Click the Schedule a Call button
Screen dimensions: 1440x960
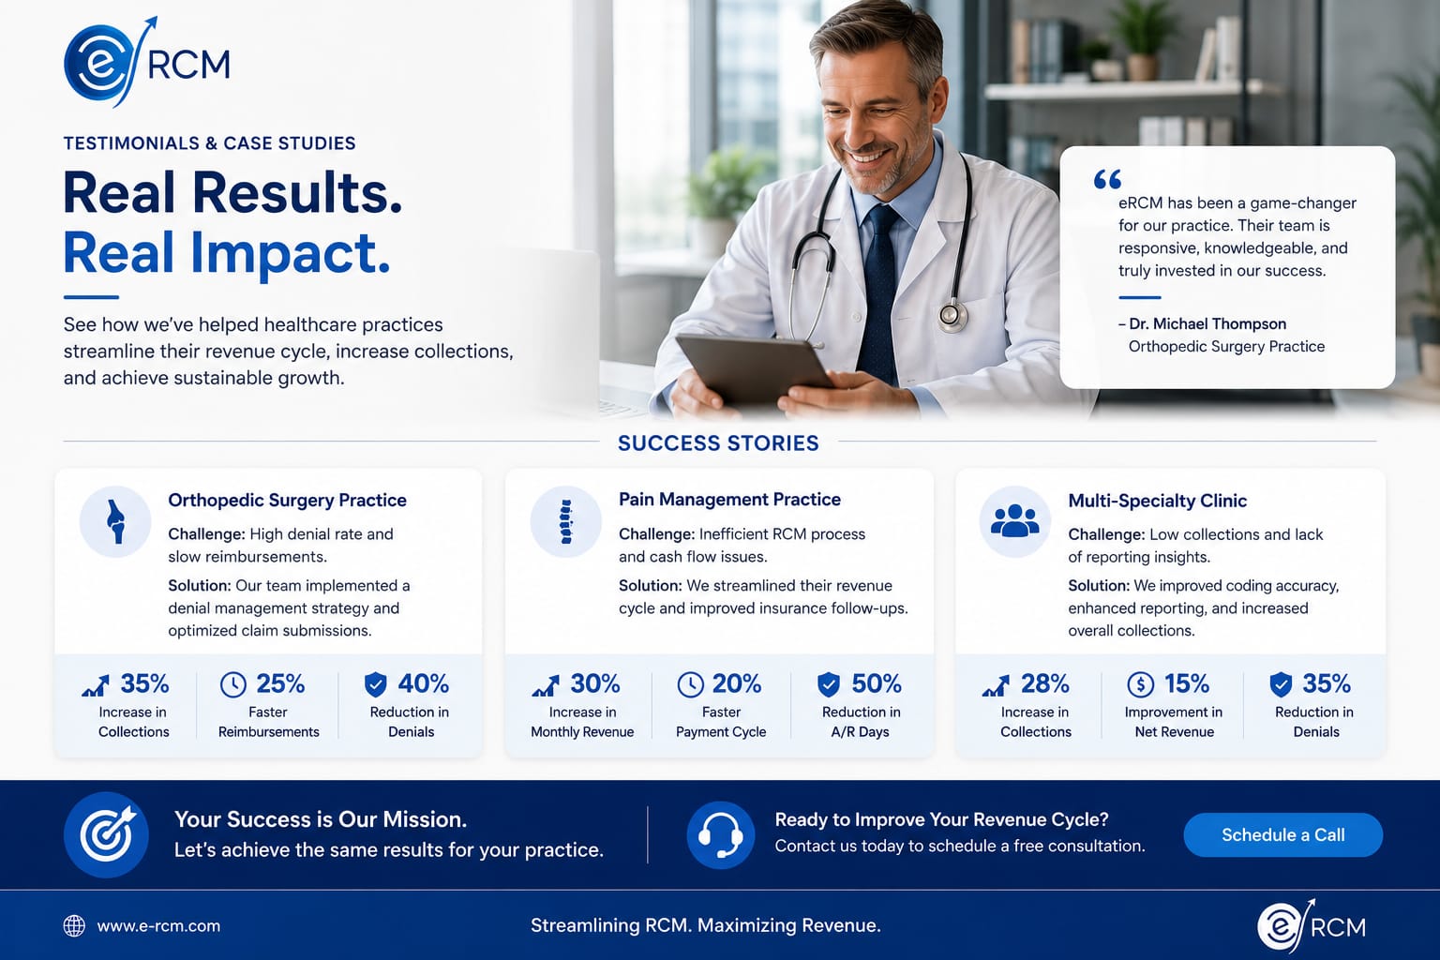click(x=1282, y=834)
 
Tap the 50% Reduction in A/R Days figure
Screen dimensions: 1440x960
click(x=877, y=683)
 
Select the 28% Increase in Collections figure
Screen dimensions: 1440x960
click(x=1044, y=683)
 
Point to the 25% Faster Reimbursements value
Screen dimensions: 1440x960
click(x=280, y=683)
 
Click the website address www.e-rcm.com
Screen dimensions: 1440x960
click(x=158, y=926)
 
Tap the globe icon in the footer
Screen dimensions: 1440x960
click(x=74, y=926)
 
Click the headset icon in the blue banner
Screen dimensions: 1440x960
click(x=721, y=834)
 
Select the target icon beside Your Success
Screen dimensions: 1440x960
click(x=106, y=834)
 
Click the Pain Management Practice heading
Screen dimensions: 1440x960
click(x=729, y=500)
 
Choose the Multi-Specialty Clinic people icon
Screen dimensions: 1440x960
click(x=1015, y=521)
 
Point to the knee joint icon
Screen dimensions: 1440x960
click(x=115, y=521)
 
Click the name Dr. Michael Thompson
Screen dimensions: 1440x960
click(x=1207, y=323)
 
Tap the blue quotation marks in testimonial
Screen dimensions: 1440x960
click(x=1107, y=179)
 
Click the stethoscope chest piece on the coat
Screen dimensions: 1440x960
click(x=952, y=316)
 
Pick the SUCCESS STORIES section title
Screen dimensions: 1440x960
click(x=718, y=443)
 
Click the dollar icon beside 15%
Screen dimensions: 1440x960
click(x=1140, y=684)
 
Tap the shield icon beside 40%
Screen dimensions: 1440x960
click(x=375, y=684)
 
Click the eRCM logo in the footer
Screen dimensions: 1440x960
click(x=1312, y=926)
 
